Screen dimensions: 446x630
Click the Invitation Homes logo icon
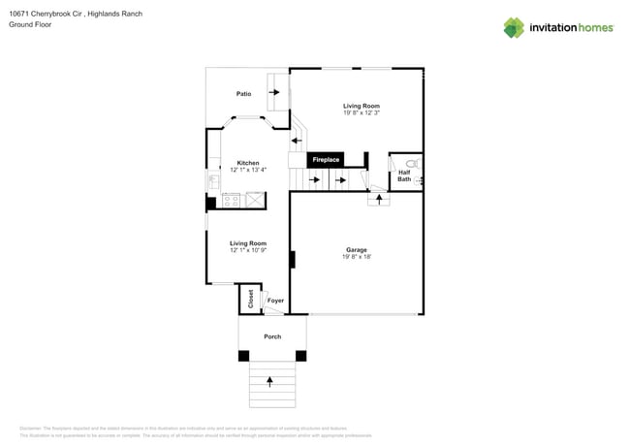click(513, 28)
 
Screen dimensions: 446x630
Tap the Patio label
click(243, 94)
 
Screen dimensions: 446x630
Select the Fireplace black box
click(326, 159)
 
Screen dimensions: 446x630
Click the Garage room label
click(357, 249)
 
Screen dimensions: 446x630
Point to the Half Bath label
click(404, 175)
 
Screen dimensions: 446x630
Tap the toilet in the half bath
click(412, 164)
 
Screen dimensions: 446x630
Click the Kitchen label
click(248, 163)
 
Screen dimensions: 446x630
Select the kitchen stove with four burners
click(232, 201)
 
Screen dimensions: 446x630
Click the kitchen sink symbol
click(212, 180)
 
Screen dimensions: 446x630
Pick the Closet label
click(251, 299)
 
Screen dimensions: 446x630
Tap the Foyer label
click(276, 301)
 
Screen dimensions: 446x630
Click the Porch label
click(272, 336)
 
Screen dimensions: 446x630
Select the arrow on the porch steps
click(269, 382)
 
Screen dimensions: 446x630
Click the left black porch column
click(244, 356)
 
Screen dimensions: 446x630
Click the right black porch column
click(300, 356)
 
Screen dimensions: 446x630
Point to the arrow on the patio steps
click(275, 92)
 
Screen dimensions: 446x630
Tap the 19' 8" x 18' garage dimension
click(357, 257)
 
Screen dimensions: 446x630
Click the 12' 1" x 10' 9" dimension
click(248, 250)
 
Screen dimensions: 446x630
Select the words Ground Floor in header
click(30, 24)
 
